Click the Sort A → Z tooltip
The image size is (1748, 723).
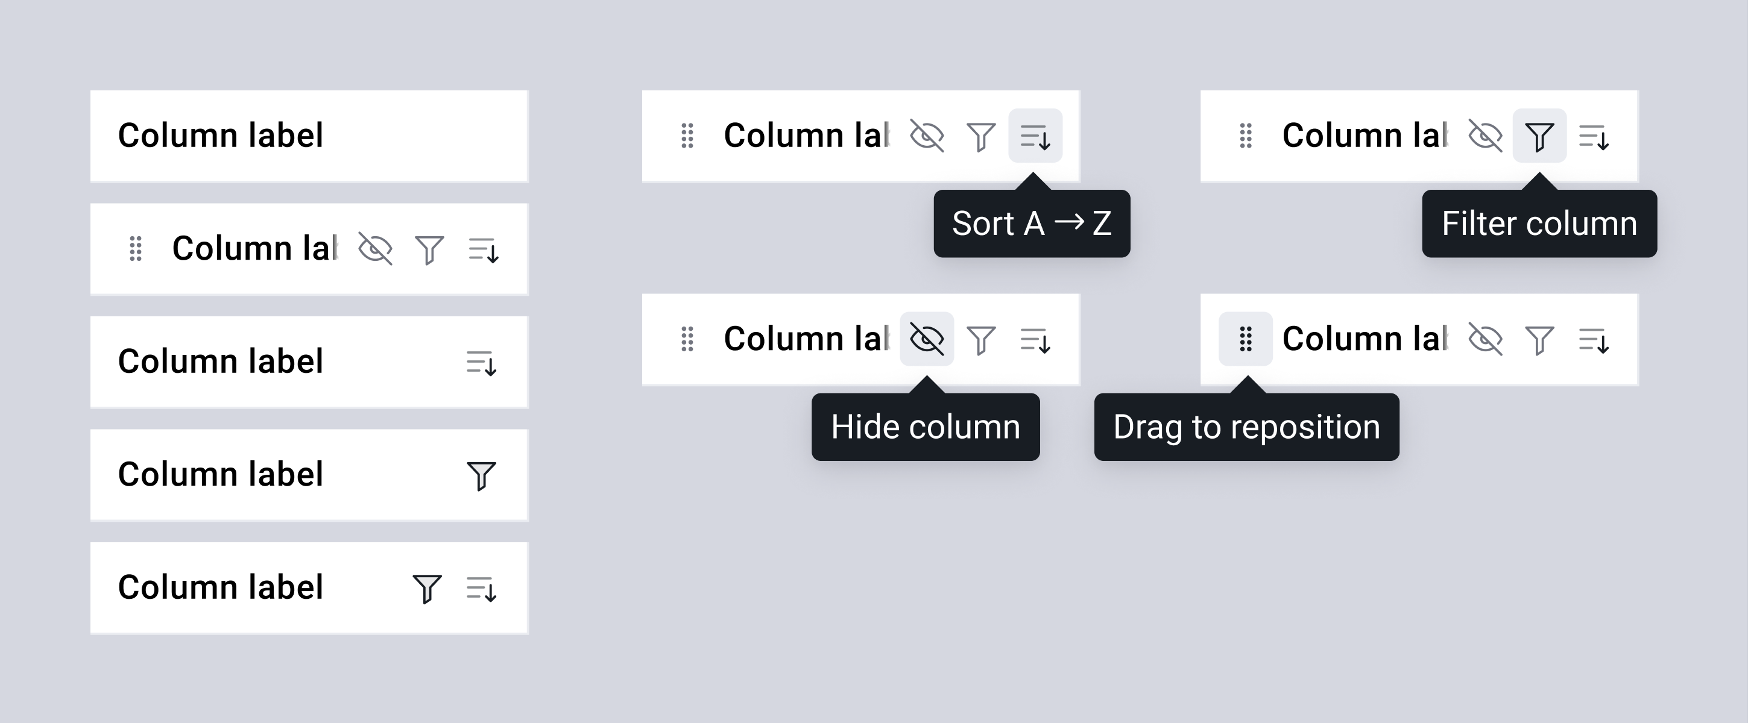tap(1032, 223)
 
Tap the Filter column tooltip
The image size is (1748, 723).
tap(1539, 223)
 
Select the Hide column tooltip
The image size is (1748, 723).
tap(926, 427)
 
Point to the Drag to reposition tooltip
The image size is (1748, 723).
tap(1246, 427)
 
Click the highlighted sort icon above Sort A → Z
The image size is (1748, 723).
tap(1035, 136)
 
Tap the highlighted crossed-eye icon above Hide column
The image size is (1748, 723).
tap(927, 339)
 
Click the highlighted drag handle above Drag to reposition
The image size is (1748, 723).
tap(1246, 339)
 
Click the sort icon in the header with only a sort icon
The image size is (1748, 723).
tap(482, 363)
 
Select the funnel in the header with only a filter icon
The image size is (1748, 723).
tap(482, 475)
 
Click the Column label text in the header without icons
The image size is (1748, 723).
tap(221, 135)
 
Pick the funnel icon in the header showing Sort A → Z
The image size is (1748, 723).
tap(981, 136)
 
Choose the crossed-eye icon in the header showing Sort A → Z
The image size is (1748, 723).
tap(927, 136)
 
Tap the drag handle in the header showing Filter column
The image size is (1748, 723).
tap(1246, 136)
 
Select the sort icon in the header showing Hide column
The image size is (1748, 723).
tap(1035, 340)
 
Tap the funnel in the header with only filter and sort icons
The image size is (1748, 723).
tap(428, 589)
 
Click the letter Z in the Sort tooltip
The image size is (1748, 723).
tap(1102, 223)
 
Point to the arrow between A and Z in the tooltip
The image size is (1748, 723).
tap(1068, 221)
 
